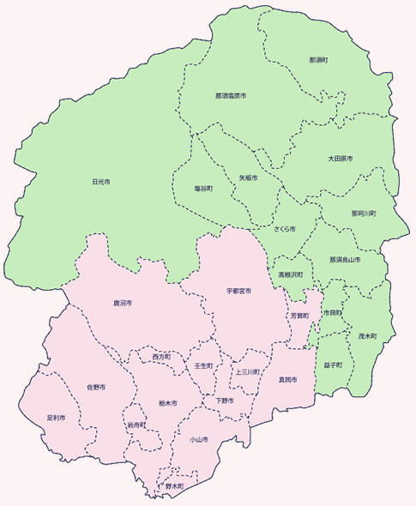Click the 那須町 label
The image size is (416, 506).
pos(319,61)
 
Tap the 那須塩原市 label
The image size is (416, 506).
pos(231,96)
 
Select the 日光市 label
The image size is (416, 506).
pos(101,182)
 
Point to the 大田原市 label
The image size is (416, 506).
pos(341,160)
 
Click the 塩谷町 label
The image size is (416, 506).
pos(204,188)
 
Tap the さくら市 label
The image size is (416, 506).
pos(285,230)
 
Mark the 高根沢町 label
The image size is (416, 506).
pos(290,275)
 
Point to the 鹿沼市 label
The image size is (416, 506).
pos(123,304)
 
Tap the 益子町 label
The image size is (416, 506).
pos(334,364)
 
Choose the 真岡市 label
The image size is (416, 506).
pos(287,378)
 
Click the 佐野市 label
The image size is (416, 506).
pos(96,388)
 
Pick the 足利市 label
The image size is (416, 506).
pos(56,418)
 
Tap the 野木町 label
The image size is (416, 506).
pos(174,486)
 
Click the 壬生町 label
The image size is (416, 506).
pos(203,364)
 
